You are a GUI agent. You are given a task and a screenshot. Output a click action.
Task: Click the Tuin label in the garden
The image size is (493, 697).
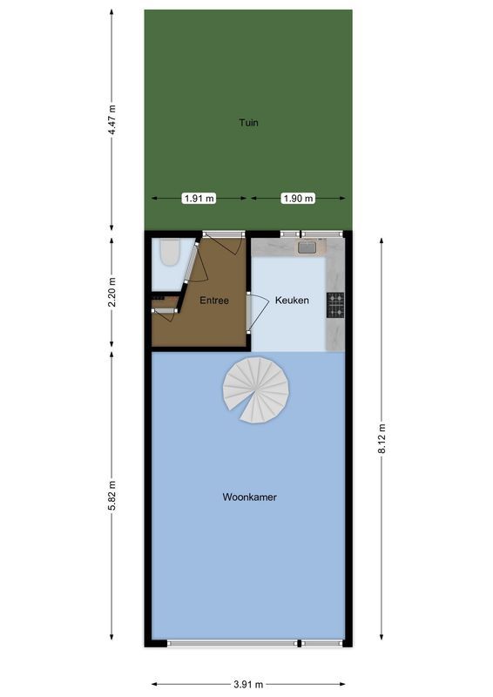248,123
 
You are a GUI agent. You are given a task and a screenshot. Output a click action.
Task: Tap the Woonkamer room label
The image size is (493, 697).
249,497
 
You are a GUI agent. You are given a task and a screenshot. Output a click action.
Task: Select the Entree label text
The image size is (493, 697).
213,301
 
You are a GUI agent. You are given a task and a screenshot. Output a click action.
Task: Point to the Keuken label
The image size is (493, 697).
292,301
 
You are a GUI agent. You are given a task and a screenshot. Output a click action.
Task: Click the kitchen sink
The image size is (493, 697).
307,247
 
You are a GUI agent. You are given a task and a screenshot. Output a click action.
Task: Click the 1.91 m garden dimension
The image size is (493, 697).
199,199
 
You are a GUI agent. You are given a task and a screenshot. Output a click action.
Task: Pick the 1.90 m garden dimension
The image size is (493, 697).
298,199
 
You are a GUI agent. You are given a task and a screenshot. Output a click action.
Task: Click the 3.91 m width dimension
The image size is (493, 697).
248,685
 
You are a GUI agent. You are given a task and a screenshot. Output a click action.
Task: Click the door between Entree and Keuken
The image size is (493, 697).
250,313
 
